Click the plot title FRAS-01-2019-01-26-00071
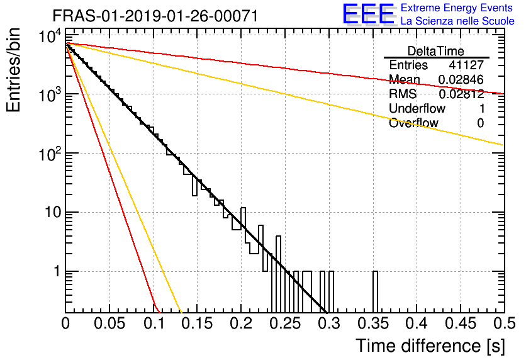(x=155, y=16)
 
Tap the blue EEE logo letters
(x=368, y=14)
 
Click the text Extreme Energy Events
(x=457, y=8)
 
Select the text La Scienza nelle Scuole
(x=457, y=21)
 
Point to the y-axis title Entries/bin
(x=13, y=70)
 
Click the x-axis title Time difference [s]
(x=430, y=346)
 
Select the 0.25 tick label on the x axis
(x=285, y=323)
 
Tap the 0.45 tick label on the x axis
(x=461, y=323)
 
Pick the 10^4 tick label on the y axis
(x=50, y=36)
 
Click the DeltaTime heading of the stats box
(x=436, y=51)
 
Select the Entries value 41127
(x=467, y=65)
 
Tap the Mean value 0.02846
(x=461, y=79)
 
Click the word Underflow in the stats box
(x=417, y=108)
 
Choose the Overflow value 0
(x=480, y=123)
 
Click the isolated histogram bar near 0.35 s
(x=375, y=291)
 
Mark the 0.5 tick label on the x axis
(x=504, y=323)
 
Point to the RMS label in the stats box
(x=403, y=94)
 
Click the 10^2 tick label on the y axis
(x=50, y=154)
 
